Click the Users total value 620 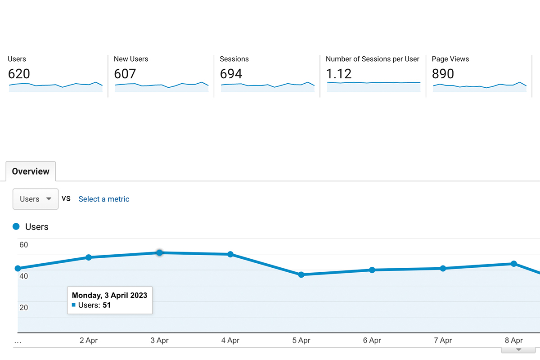(x=19, y=74)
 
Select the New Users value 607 (x=125, y=74)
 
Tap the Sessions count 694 (x=231, y=74)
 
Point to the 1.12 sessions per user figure (x=339, y=74)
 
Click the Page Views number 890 (x=443, y=74)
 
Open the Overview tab (x=31, y=171)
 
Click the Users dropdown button (x=36, y=199)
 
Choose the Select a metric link (x=104, y=199)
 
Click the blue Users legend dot (x=16, y=227)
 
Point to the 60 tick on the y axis (x=23, y=245)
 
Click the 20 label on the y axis (x=23, y=308)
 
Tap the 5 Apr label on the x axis (x=301, y=341)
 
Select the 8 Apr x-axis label (x=513, y=341)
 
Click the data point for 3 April (x=159, y=253)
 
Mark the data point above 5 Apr (x=301, y=274)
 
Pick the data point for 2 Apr (x=89, y=257)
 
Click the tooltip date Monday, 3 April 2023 (x=109, y=296)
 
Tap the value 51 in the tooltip (x=107, y=305)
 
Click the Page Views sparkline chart (x=479, y=86)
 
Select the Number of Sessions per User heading (x=372, y=59)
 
